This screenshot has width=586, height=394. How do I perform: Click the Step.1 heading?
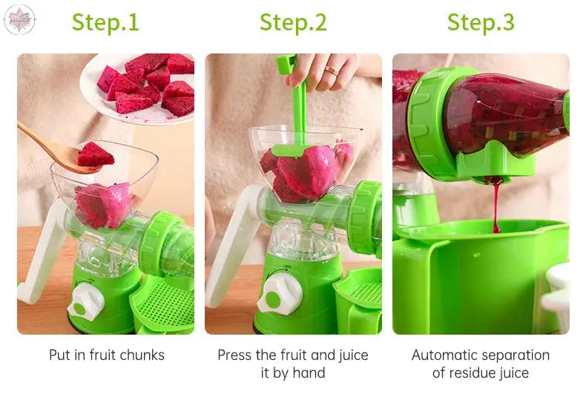click(x=105, y=22)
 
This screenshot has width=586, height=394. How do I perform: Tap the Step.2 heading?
click(x=293, y=22)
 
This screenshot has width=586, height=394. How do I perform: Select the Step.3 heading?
click(x=481, y=22)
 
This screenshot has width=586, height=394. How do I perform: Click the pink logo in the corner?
click(x=19, y=19)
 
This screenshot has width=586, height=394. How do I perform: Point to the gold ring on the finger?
click(x=331, y=70)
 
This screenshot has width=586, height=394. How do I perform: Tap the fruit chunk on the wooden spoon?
click(x=95, y=154)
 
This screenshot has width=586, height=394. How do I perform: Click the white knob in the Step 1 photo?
click(x=86, y=302)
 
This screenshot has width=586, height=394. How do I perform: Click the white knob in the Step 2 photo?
click(x=280, y=293)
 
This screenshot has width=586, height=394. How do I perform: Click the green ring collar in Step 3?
click(x=429, y=123)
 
